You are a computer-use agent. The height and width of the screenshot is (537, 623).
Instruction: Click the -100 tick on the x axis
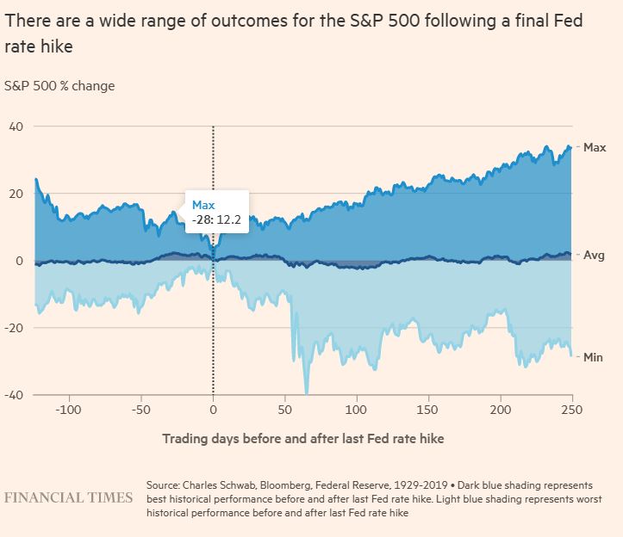click(68, 409)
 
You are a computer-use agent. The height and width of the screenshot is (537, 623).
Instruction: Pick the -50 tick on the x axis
click(142, 409)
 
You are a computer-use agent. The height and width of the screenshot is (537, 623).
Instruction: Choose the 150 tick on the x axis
click(429, 409)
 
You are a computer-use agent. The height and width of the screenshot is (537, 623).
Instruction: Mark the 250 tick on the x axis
click(572, 409)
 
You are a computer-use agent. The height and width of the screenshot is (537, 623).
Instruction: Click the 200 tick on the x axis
click(501, 409)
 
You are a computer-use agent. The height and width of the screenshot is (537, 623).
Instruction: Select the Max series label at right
click(595, 148)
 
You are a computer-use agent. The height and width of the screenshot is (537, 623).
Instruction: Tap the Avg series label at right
click(594, 256)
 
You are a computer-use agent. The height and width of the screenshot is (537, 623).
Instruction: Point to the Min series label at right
click(594, 356)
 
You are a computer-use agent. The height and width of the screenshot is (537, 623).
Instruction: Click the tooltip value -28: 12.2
click(215, 220)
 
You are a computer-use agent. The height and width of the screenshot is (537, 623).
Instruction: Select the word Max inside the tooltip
click(202, 205)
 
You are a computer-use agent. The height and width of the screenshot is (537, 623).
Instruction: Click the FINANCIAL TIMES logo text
click(69, 498)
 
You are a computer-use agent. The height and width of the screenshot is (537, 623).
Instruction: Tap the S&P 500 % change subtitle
click(59, 86)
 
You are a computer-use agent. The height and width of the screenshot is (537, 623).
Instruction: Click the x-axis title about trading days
click(302, 439)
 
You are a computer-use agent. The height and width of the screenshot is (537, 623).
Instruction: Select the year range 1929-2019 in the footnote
click(418, 485)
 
